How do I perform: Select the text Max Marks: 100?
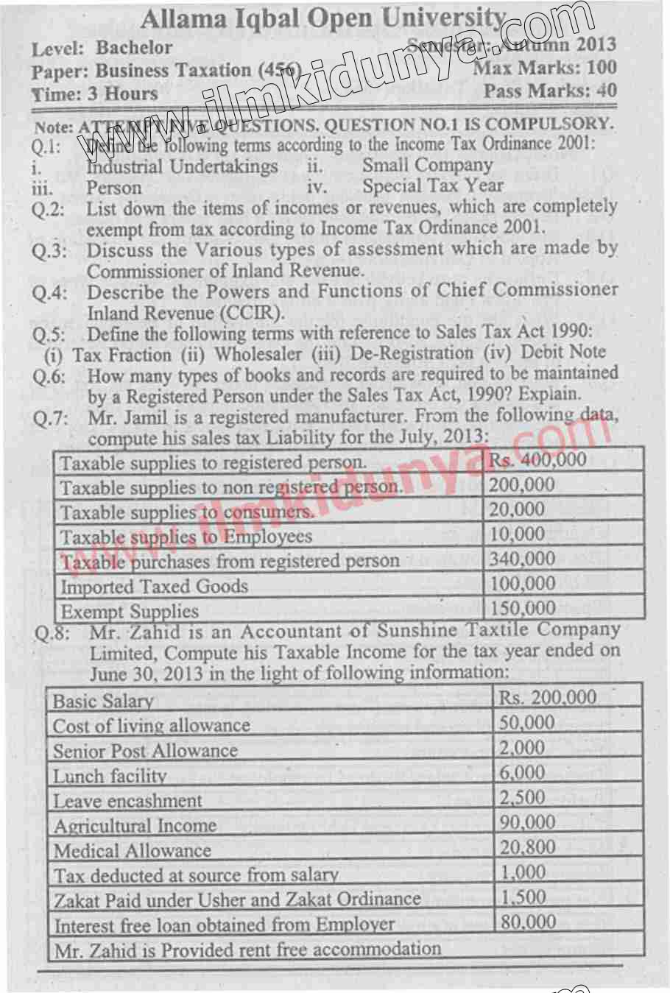(x=545, y=68)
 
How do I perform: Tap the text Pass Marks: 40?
(x=550, y=91)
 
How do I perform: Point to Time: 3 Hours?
(x=95, y=94)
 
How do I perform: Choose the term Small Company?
(x=427, y=165)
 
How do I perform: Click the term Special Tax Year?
(x=433, y=186)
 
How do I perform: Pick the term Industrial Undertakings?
(x=182, y=166)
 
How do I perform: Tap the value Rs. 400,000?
(x=538, y=460)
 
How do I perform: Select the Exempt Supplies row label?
(x=130, y=611)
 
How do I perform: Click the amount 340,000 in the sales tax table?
(x=522, y=559)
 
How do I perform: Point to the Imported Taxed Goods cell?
(x=154, y=587)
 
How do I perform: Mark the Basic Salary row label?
(x=103, y=701)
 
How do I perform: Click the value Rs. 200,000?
(x=548, y=697)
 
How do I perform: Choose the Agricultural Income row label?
(x=135, y=825)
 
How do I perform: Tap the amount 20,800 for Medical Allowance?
(x=528, y=847)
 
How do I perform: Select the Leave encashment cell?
(x=127, y=800)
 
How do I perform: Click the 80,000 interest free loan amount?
(x=528, y=922)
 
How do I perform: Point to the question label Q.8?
(x=52, y=633)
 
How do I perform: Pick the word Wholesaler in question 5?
(x=258, y=354)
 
